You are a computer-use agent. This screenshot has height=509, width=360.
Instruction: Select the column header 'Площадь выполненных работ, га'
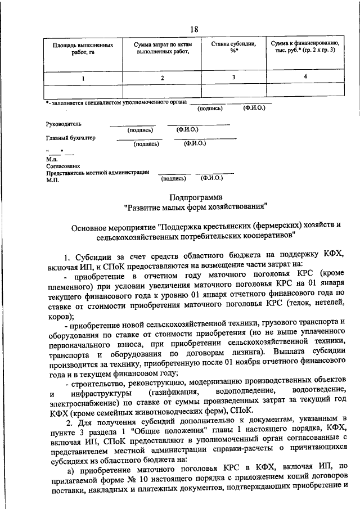tap(83, 48)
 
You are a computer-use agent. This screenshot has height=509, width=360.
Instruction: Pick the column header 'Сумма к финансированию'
tap(304, 47)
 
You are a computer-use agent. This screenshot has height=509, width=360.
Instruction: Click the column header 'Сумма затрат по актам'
tap(161, 48)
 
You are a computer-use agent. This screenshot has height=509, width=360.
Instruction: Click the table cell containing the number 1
tap(83, 78)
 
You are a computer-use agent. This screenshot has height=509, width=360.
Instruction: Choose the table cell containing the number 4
tap(305, 77)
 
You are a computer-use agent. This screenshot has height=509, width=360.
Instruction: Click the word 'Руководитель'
tap(64, 124)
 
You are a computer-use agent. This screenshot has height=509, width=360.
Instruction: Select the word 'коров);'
tap(59, 316)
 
